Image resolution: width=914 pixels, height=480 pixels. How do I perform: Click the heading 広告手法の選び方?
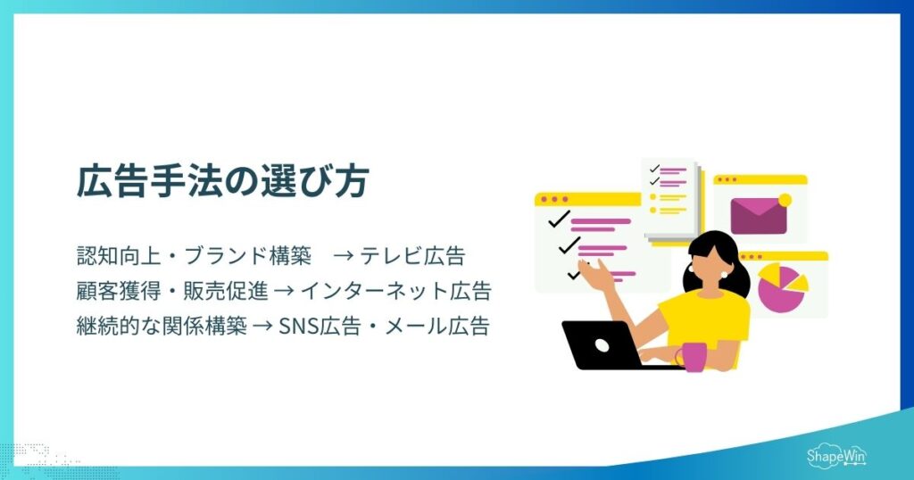[x=221, y=182]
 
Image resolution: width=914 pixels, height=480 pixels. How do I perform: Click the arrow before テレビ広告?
[x=344, y=257]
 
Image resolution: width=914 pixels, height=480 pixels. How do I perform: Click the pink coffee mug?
[x=693, y=356]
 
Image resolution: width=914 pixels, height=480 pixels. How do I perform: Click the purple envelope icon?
[x=758, y=215]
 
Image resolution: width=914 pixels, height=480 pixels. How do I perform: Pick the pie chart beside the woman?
[x=781, y=285]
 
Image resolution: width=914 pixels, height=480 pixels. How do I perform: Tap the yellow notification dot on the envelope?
[x=785, y=199]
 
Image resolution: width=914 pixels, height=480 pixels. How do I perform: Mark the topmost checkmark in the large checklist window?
[x=559, y=218]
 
